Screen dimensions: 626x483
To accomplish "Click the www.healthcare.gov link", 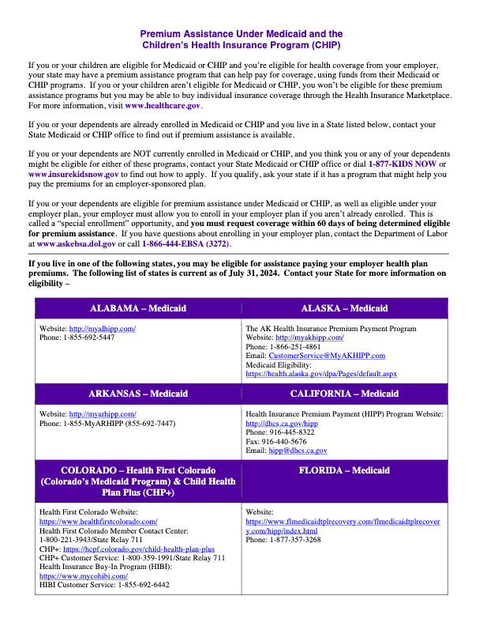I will click(x=163, y=105).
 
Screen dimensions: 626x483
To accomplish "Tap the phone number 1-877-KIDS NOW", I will click(x=402, y=164).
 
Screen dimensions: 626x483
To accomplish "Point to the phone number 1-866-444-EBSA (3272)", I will click(x=188, y=244).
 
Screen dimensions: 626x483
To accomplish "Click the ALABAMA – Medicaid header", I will click(x=138, y=307).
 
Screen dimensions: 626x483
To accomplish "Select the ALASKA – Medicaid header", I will click(x=345, y=307).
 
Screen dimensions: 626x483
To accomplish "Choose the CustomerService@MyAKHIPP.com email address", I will click(x=327, y=356).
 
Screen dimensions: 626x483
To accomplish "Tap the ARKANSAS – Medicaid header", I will click(x=138, y=393).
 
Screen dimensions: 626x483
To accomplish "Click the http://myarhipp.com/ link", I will click(x=103, y=413).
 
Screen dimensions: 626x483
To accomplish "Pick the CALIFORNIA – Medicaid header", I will click(x=345, y=393).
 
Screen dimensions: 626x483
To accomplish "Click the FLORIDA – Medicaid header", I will click(x=345, y=470).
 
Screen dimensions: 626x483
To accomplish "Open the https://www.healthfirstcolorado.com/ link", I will click(x=99, y=522).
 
